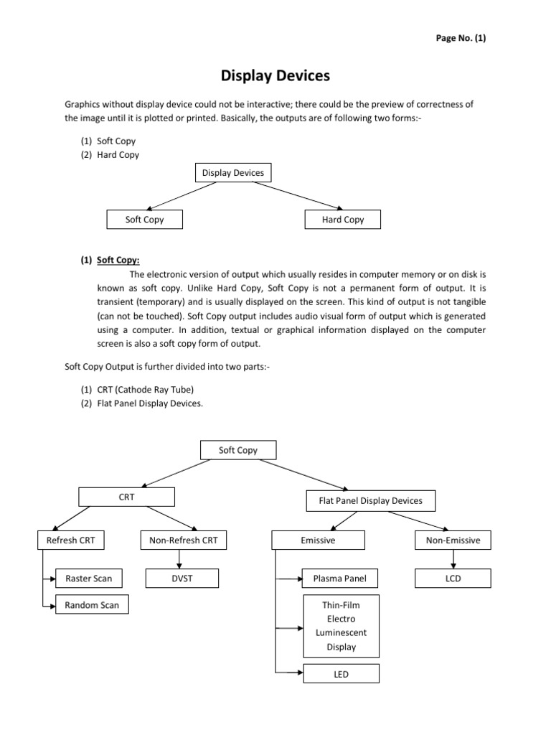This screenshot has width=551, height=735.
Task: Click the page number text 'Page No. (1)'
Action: (460, 39)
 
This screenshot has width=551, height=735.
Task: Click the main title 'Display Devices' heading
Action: (275, 75)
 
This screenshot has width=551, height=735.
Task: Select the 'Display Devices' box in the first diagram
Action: (232, 173)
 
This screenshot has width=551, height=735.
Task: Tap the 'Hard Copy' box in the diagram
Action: (344, 220)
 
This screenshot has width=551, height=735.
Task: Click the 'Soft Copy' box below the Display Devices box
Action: (144, 220)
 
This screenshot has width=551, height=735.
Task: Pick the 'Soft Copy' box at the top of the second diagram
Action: (237, 450)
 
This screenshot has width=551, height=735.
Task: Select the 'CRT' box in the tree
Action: (126, 497)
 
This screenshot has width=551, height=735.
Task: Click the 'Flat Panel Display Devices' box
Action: (370, 500)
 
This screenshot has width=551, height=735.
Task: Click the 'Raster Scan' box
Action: (88, 578)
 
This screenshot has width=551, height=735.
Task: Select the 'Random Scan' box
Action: (92, 605)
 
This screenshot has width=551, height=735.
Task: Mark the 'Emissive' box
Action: (317, 540)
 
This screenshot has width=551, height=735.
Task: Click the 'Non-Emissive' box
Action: (453, 540)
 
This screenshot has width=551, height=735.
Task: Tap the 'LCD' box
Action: (453, 578)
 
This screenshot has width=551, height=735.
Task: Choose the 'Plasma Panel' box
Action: (340, 578)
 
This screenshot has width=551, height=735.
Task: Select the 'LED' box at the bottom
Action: (340, 674)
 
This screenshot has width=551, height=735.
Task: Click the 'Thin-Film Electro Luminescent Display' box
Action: (340, 625)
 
